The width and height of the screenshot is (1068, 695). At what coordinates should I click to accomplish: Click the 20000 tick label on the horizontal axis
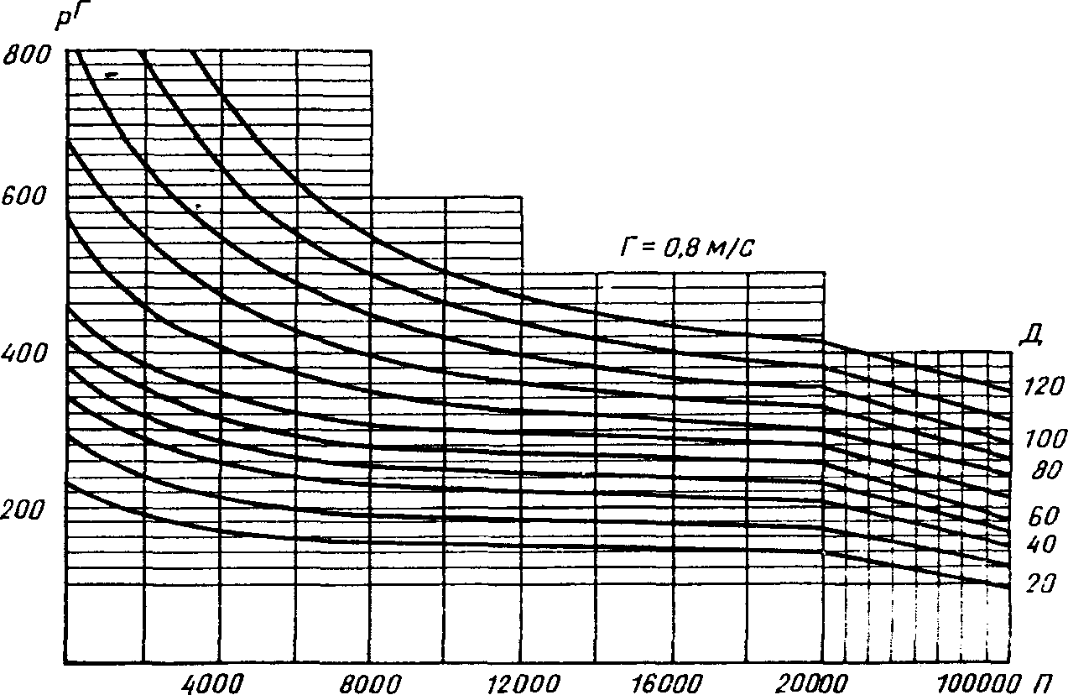820,680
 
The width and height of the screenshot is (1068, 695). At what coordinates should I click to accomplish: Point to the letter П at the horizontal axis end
1045,680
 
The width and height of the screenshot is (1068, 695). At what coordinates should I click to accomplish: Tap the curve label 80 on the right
1047,472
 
